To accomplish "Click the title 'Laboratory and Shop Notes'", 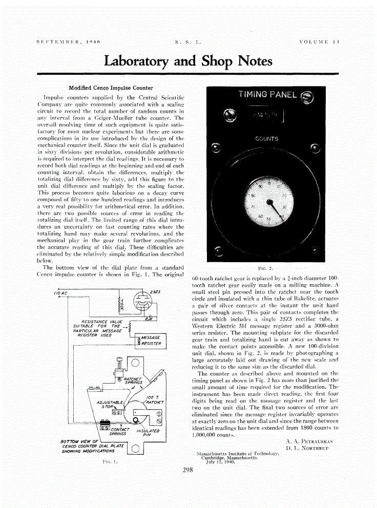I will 188,61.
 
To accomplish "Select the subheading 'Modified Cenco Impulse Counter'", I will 111,88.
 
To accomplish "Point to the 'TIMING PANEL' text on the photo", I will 267,94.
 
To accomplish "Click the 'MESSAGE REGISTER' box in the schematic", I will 149,341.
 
